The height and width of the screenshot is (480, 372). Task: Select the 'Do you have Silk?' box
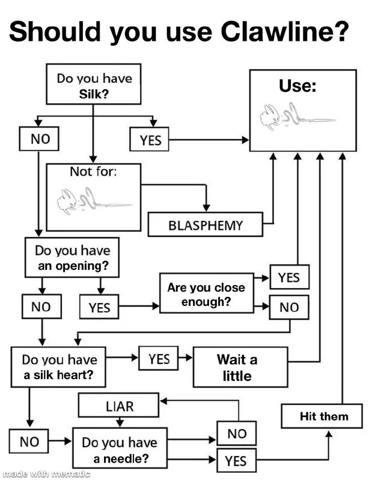94,86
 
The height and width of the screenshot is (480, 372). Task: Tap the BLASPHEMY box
205,226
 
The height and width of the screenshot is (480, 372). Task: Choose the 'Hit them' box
323,416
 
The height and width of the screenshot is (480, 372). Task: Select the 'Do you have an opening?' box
72,257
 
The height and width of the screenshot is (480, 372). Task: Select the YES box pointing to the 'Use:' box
150,140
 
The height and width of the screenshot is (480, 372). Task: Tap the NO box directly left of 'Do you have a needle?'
29,442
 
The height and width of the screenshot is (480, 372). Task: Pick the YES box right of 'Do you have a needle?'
236,461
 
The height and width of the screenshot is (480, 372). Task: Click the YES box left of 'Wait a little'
159,359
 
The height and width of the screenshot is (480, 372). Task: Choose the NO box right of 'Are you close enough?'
289,307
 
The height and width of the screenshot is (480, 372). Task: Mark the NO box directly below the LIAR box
237,433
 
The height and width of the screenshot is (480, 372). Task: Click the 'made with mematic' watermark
46,474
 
